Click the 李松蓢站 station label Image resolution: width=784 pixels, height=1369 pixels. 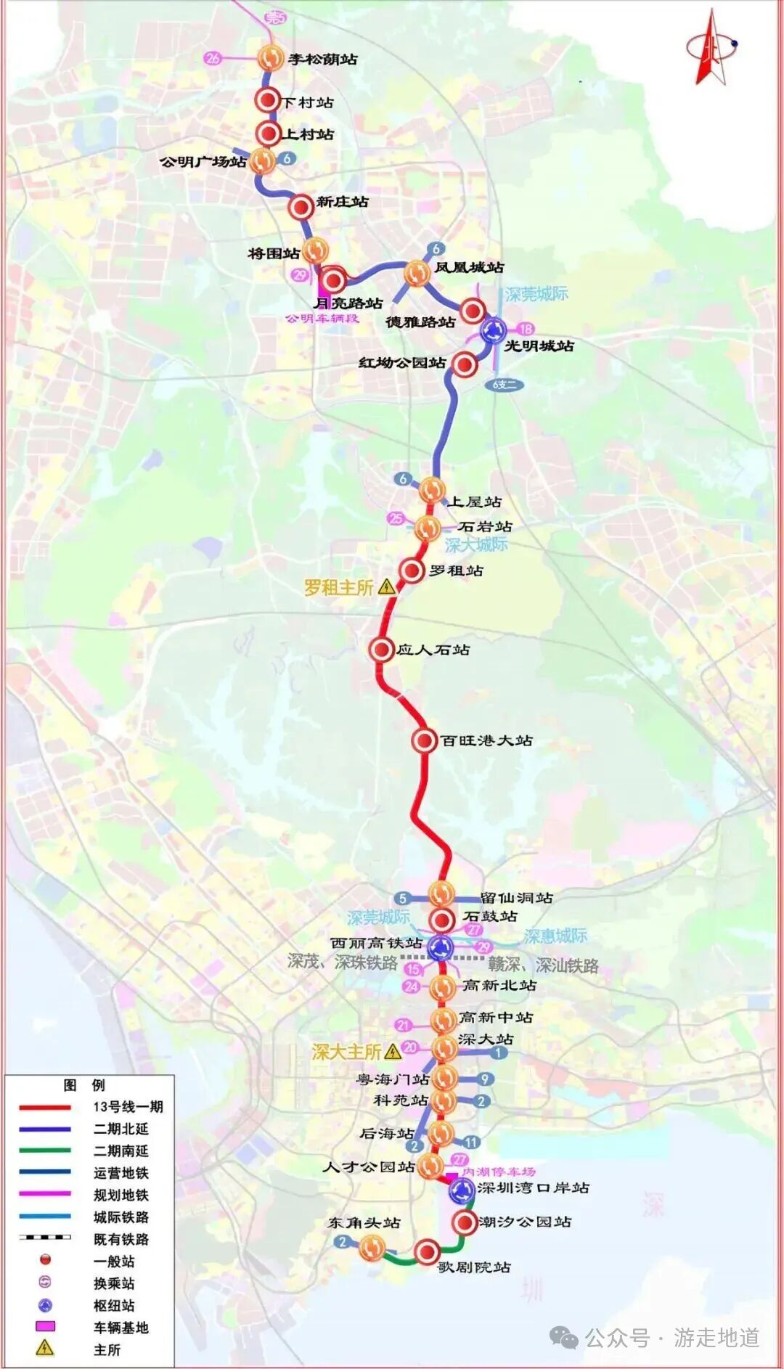point(322,60)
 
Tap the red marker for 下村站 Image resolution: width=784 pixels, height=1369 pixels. point(268,101)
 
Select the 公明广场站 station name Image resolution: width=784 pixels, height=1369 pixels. point(203,162)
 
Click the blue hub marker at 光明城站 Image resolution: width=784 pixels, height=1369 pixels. point(494,331)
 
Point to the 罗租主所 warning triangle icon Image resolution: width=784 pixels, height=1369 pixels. point(387,587)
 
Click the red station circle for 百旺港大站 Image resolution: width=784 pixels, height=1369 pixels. point(424,740)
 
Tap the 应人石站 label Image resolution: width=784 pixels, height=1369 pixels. point(433,650)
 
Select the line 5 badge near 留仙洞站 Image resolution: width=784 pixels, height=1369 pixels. point(403,898)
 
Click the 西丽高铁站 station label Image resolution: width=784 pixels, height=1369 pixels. point(376,943)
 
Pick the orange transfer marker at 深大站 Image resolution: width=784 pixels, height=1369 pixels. point(443,1047)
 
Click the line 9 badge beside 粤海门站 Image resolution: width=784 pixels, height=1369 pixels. point(485,1079)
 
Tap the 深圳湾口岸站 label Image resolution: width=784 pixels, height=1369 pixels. point(533,1188)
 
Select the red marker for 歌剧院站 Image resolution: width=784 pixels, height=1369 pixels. point(427,1251)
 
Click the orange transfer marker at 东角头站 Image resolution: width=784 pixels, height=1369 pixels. point(372,1247)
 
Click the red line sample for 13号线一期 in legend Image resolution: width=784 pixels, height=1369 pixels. point(45,1107)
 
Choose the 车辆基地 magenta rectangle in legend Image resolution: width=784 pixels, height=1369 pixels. point(45,1327)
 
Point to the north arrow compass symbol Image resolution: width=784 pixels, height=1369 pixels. point(711,48)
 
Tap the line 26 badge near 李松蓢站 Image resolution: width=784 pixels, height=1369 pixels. point(213,58)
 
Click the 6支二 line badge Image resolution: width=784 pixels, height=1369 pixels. point(505,385)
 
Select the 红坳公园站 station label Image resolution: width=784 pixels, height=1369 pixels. point(402,362)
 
